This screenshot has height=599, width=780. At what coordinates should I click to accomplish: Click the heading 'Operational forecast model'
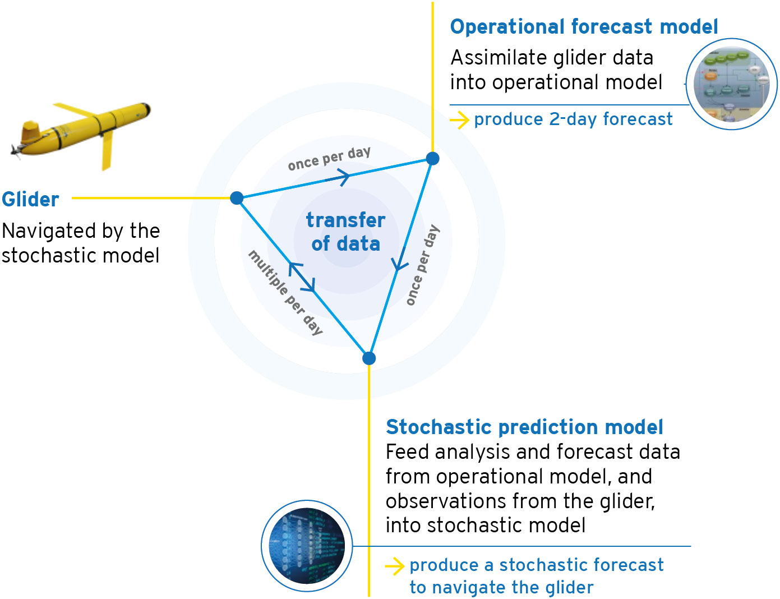pyautogui.click(x=584, y=27)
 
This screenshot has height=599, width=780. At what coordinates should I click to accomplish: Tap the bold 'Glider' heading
pyautogui.click(x=30, y=199)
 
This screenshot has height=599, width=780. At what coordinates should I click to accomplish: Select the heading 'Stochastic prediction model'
pyautogui.click(x=524, y=427)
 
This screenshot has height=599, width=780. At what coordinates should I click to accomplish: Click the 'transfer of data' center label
pyautogui.click(x=345, y=232)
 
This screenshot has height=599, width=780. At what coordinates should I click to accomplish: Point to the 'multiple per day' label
pyautogui.click(x=285, y=293)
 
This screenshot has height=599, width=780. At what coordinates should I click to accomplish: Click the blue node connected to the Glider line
pyautogui.click(x=237, y=198)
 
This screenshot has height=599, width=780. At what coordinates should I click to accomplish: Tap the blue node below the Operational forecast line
pyautogui.click(x=432, y=158)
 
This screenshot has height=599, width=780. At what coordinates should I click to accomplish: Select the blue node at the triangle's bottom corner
pyautogui.click(x=369, y=358)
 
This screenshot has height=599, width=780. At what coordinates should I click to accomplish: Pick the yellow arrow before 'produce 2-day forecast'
pyautogui.click(x=459, y=120)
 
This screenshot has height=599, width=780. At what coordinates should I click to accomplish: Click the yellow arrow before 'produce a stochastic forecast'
pyautogui.click(x=395, y=566)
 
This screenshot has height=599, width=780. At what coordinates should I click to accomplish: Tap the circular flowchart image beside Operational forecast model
pyautogui.click(x=732, y=84)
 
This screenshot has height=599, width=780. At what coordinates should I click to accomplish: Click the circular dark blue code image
pyautogui.click(x=307, y=546)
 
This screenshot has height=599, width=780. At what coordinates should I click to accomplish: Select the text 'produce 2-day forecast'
pyautogui.click(x=573, y=119)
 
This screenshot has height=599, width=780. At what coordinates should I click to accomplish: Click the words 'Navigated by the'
pyautogui.click(x=81, y=231)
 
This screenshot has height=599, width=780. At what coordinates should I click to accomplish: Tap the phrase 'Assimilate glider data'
pyautogui.click(x=552, y=57)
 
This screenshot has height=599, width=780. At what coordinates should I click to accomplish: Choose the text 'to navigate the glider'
pyautogui.click(x=501, y=588)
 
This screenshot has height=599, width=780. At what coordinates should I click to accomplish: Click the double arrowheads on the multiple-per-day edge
pyautogui.click(x=302, y=277)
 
